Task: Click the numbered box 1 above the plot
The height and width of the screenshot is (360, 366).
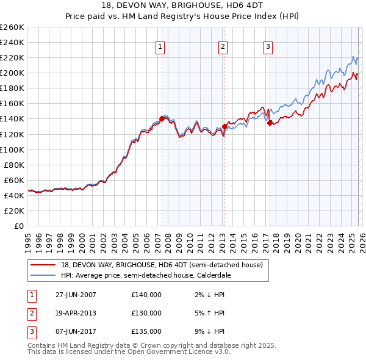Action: point(160,46)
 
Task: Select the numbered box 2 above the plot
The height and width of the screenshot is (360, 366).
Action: point(223,46)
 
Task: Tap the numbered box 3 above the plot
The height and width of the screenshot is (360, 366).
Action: point(268,46)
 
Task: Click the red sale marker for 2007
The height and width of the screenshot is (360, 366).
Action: point(162,118)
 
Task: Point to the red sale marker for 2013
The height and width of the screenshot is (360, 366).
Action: point(224,126)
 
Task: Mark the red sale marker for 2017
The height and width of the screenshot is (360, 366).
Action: point(270,123)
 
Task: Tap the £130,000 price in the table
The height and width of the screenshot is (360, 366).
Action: point(146,313)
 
